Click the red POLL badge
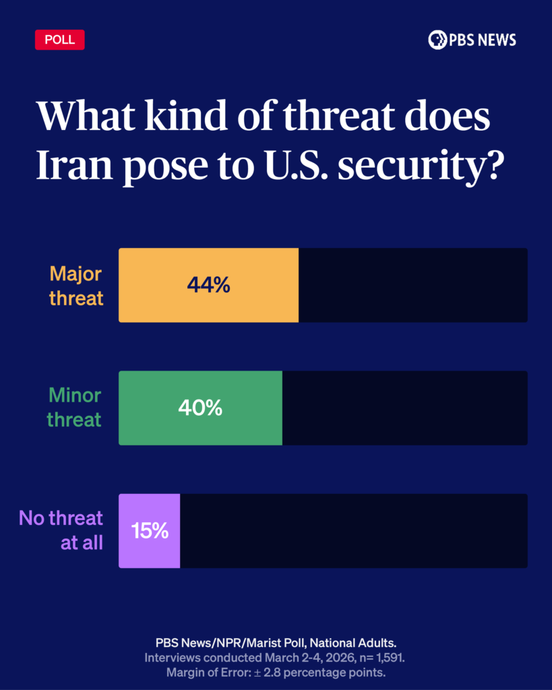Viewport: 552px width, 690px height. (59, 40)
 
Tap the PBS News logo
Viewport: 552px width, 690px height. (472, 40)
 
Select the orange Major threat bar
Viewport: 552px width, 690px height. (208, 285)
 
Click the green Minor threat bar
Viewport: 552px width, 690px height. (200, 408)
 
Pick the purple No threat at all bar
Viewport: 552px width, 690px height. (150, 531)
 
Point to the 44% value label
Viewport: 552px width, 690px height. (208, 285)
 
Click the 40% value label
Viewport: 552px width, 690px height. (200, 408)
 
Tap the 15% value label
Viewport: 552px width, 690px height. (150, 531)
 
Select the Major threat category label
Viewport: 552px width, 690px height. (76, 286)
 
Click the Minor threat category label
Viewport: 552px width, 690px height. (74, 407)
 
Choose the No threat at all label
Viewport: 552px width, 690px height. (61, 530)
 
